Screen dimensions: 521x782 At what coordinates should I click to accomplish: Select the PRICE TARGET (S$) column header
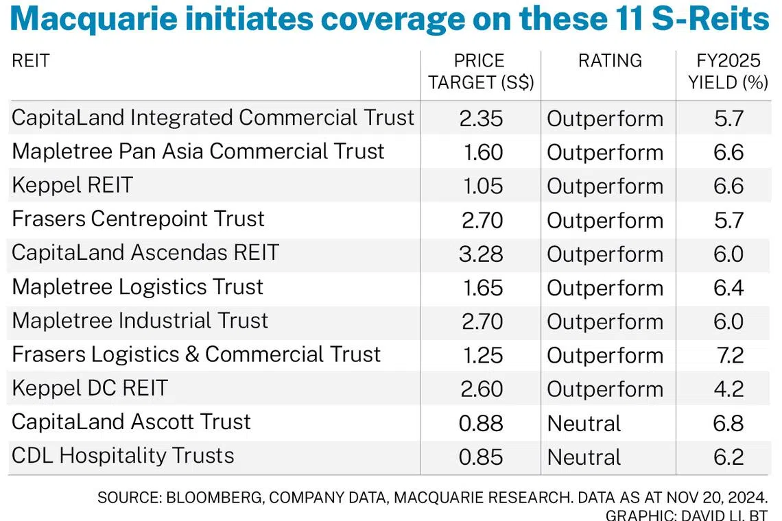pyautogui.click(x=481, y=72)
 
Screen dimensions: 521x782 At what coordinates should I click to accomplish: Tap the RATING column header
pyautogui.click(x=610, y=61)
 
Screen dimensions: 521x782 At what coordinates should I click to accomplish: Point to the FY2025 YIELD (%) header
pyautogui.click(x=728, y=72)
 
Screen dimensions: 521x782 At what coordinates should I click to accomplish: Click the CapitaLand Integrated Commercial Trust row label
pyautogui.click(x=213, y=118)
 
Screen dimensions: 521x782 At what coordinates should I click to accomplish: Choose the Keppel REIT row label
pyautogui.click(x=72, y=185)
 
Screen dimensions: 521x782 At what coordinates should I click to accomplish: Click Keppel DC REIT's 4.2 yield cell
pyautogui.click(x=728, y=389)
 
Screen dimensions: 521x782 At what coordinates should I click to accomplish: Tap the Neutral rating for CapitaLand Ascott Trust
pyautogui.click(x=584, y=423)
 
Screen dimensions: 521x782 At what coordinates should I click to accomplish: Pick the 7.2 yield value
pyautogui.click(x=728, y=355)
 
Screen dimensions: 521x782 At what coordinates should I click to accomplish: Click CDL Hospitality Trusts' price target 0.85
pyautogui.click(x=481, y=457)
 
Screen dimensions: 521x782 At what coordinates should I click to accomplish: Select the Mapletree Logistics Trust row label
pyautogui.click(x=137, y=287)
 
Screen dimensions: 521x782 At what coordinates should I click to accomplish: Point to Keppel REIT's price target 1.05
pyautogui.click(x=483, y=186)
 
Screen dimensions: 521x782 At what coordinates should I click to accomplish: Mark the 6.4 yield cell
pyautogui.click(x=728, y=287)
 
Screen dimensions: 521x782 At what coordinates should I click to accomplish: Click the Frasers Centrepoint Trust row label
pyautogui.click(x=138, y=219)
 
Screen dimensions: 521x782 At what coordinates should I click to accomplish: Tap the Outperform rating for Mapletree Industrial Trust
pyautogui.click(x=604, y=322)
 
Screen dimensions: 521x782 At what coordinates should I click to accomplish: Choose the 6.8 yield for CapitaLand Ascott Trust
pyautogui.click(x=728, y=423)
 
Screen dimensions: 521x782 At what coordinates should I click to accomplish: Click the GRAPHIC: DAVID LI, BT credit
pyautogui.click(x=687, y=514)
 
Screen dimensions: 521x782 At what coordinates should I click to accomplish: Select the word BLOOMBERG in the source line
pyautogui.click(x=206, y=497)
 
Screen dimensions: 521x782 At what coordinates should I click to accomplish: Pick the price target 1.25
pyautogui.click(x=483, y=355)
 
